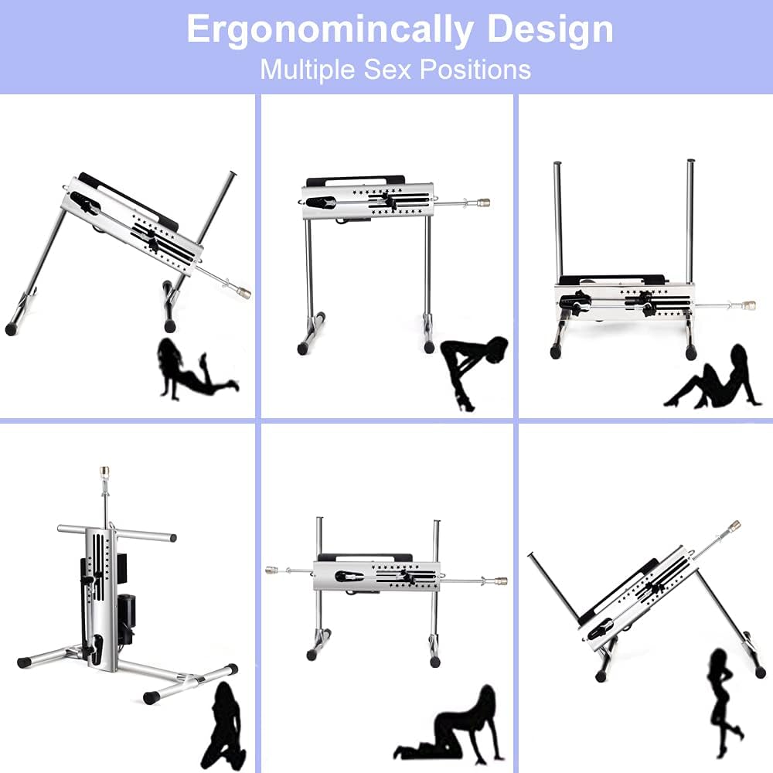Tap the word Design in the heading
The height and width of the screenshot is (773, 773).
click(550, 29)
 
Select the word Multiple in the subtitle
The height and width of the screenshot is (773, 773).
click(308, 70)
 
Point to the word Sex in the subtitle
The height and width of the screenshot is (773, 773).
click(387, 70)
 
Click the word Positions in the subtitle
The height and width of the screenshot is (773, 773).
click(475, 70)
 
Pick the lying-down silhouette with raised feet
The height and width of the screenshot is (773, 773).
click(197, 368)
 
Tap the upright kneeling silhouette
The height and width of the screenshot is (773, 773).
click(224, 725)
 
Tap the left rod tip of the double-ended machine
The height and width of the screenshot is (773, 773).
click(271, 570)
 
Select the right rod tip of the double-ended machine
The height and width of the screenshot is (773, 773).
click(501, 581)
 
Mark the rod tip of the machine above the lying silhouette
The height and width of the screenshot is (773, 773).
click(243, 293)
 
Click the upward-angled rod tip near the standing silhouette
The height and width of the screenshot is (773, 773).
click(734, 525)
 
